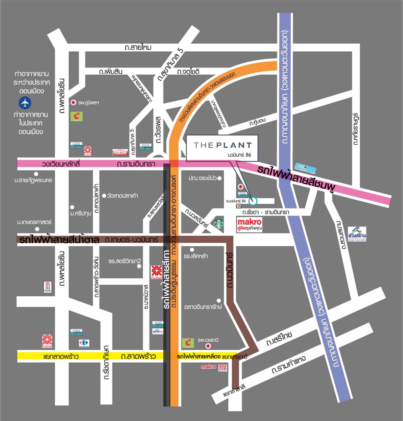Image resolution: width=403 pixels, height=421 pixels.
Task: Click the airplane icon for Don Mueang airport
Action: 25,103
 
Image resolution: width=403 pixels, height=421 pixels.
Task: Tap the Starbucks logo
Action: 219,224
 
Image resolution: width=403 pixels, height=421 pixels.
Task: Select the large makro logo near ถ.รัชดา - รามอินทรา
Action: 249,222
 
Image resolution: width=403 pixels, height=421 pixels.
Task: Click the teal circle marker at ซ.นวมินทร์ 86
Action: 253,200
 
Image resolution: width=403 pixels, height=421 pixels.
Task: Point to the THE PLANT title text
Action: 223,145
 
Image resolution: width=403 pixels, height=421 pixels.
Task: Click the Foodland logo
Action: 120,153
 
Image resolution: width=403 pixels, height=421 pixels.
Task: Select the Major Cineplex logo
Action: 48,287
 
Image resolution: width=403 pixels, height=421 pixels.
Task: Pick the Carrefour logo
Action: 84,343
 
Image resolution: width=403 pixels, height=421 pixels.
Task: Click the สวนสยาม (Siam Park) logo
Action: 357,234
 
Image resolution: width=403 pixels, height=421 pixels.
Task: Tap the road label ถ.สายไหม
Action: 138,47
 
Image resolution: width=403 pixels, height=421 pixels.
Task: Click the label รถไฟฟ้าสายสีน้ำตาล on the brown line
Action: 59,239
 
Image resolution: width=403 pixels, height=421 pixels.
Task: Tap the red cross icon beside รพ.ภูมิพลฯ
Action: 73,103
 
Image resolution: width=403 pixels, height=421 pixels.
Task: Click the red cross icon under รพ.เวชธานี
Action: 208,346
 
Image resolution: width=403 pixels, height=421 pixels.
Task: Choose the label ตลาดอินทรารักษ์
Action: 203,307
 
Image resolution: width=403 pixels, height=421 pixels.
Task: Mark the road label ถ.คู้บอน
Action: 257,122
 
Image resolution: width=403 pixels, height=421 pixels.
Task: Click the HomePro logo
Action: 158,331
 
